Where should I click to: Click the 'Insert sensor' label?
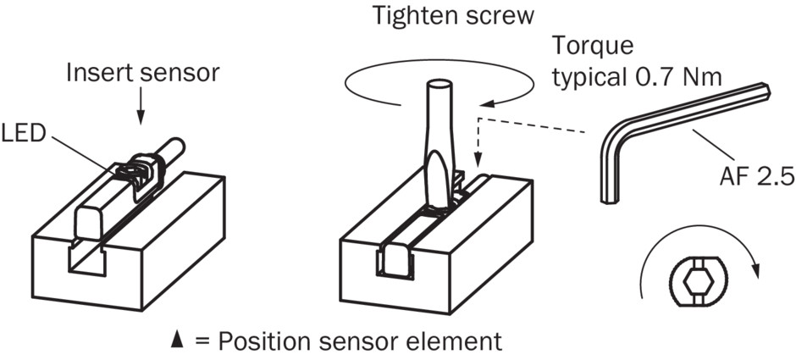(x=143, y=74)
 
